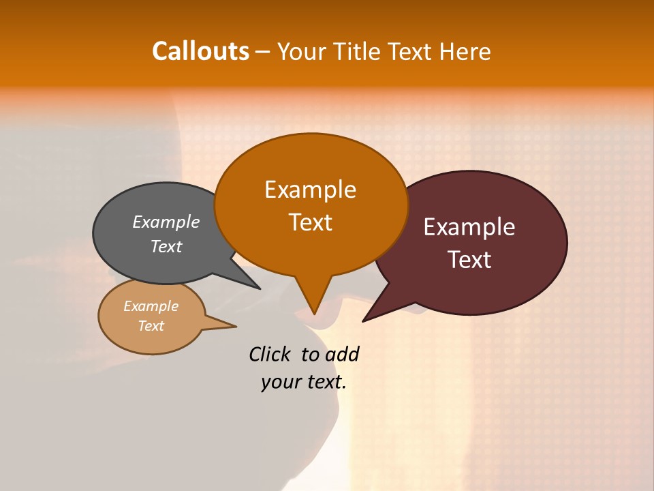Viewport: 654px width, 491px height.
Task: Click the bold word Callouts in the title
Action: (200, 51)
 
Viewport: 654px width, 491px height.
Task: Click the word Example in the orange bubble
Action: (310, 190)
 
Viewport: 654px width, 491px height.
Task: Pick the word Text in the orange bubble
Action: (310, 222)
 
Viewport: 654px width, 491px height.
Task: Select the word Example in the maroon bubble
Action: (469, 227)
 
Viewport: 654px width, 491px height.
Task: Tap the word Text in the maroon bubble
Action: (470, 260)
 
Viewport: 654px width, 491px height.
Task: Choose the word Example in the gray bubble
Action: (166, 222)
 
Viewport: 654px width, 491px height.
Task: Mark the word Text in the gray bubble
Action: (166, 246)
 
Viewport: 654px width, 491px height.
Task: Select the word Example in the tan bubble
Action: (151, 306)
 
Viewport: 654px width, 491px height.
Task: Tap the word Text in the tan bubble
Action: (151, 326)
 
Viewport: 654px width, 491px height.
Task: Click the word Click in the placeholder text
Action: (270, 354)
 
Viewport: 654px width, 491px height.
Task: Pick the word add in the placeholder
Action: (342, 354)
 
